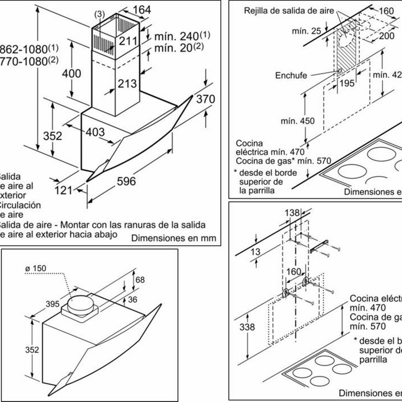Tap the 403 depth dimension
[x=94, y=132]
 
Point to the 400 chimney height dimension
[x=71, y=73]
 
